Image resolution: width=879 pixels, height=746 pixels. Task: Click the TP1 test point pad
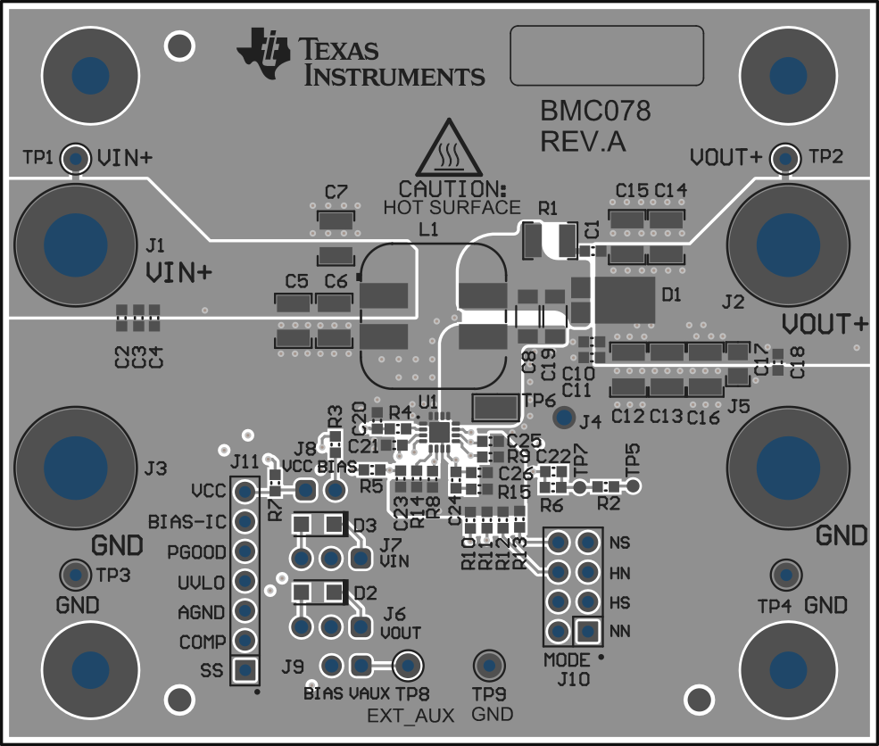click(x=76, y=159)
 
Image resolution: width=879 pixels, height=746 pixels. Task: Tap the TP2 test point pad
click(x=785, y=158)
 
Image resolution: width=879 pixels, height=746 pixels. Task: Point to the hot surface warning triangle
click(x=448, y=149)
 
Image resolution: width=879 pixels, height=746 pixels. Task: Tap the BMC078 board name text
click(x=595, y=112)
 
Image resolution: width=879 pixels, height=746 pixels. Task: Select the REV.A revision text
click(x=583, y=142)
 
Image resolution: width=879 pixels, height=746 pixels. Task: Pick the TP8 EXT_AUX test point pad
click(x=408, y=665)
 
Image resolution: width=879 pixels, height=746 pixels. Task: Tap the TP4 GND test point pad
click(x=786, y=575)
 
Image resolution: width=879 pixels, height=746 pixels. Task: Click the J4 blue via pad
click(x=564, y=417)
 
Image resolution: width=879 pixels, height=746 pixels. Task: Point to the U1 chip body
click(x=440, y=432)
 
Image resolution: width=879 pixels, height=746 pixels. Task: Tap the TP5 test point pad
click(x=633, y=486)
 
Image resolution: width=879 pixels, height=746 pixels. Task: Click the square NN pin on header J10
click(x=586, y=631)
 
